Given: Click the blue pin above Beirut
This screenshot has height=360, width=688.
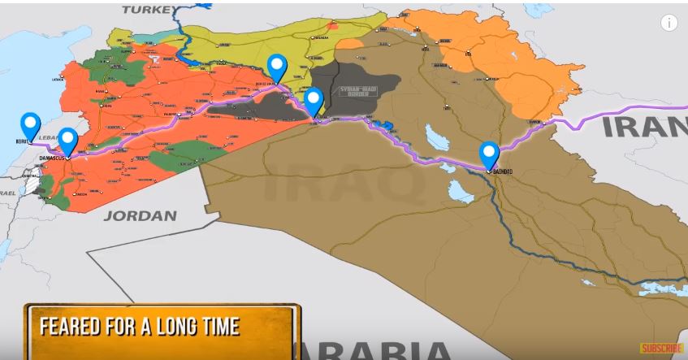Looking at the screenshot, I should [31, 125].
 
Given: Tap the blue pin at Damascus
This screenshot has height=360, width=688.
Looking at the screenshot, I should [68, 140].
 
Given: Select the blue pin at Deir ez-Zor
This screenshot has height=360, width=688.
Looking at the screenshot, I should [277, 67].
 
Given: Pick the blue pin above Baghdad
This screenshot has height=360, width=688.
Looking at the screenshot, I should [489, 153].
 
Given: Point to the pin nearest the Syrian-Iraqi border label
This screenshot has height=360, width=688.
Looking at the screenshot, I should [314, 102].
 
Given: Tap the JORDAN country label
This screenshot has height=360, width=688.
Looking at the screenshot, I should [140, 215].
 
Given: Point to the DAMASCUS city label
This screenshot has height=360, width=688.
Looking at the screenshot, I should [52, 157].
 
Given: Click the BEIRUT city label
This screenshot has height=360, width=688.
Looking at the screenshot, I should [22, 141].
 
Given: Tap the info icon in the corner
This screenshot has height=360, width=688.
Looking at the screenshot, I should [669, 23].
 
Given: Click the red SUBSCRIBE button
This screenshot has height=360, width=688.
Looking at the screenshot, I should [662, 348].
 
